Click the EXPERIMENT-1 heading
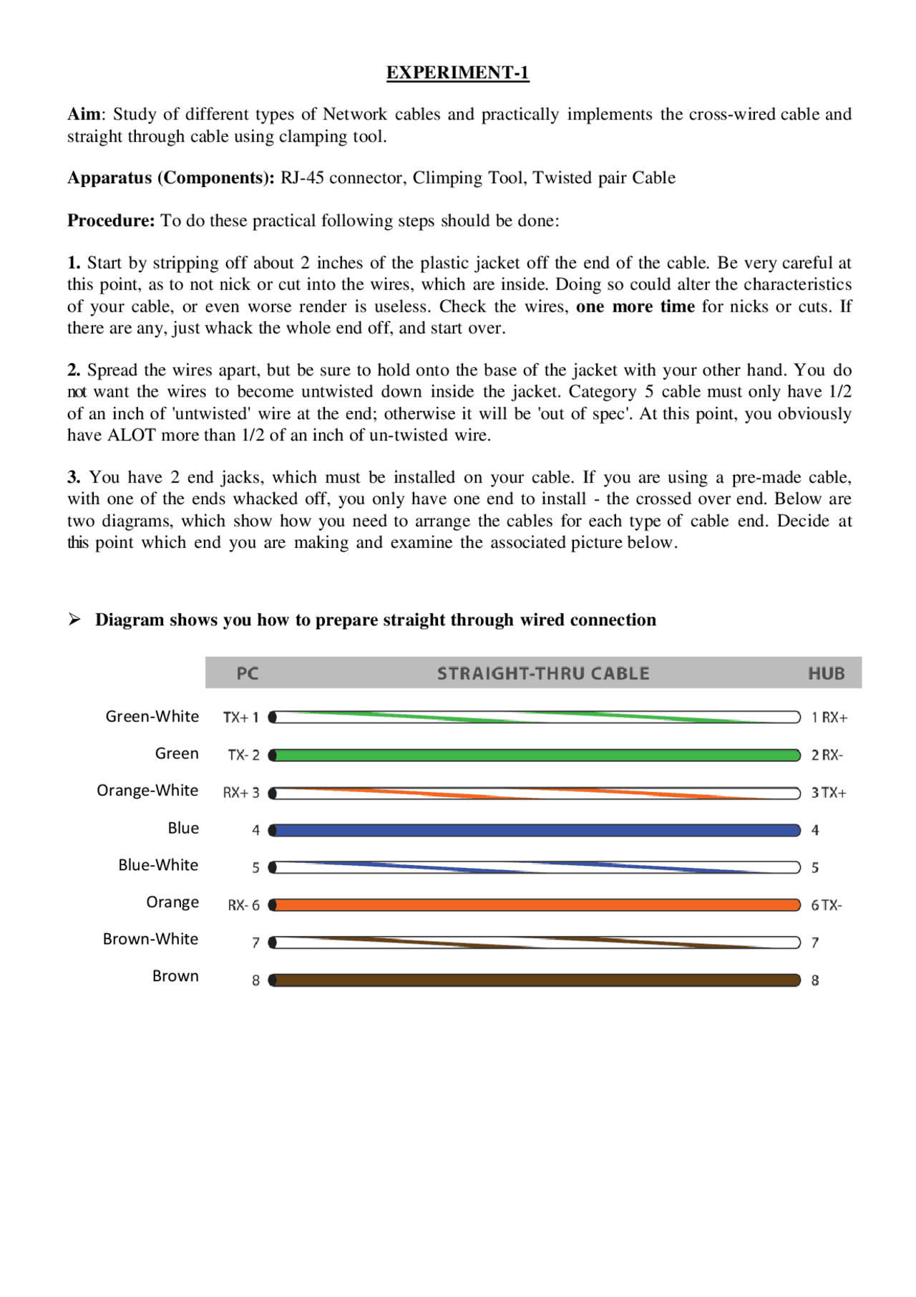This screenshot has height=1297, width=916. point(457,72)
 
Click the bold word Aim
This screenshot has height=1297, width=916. point(84,115)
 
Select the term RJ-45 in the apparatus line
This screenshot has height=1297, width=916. point(302,178)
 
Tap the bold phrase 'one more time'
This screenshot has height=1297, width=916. point(635,307)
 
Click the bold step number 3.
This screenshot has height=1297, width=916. point(73,478)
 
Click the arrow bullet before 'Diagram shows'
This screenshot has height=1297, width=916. point(74,619)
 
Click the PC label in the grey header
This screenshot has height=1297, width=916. point(247,673)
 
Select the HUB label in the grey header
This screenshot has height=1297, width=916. point(826,673)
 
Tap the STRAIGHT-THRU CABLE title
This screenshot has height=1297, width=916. point(543,673)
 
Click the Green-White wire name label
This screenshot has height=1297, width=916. point(152,716)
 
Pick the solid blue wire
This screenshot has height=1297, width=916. point(537,830)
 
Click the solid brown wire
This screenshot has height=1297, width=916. point(537,980)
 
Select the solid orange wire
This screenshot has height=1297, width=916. point(537,905)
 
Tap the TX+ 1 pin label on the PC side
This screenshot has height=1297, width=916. point(240,718)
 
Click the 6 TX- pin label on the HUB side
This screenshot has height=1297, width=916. point(826,905)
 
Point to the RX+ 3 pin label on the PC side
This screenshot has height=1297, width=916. point(240,793)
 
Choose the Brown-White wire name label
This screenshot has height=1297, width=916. point(150,939)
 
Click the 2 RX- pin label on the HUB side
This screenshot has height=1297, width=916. point(827,755)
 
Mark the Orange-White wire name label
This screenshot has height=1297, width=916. point(147,791)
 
